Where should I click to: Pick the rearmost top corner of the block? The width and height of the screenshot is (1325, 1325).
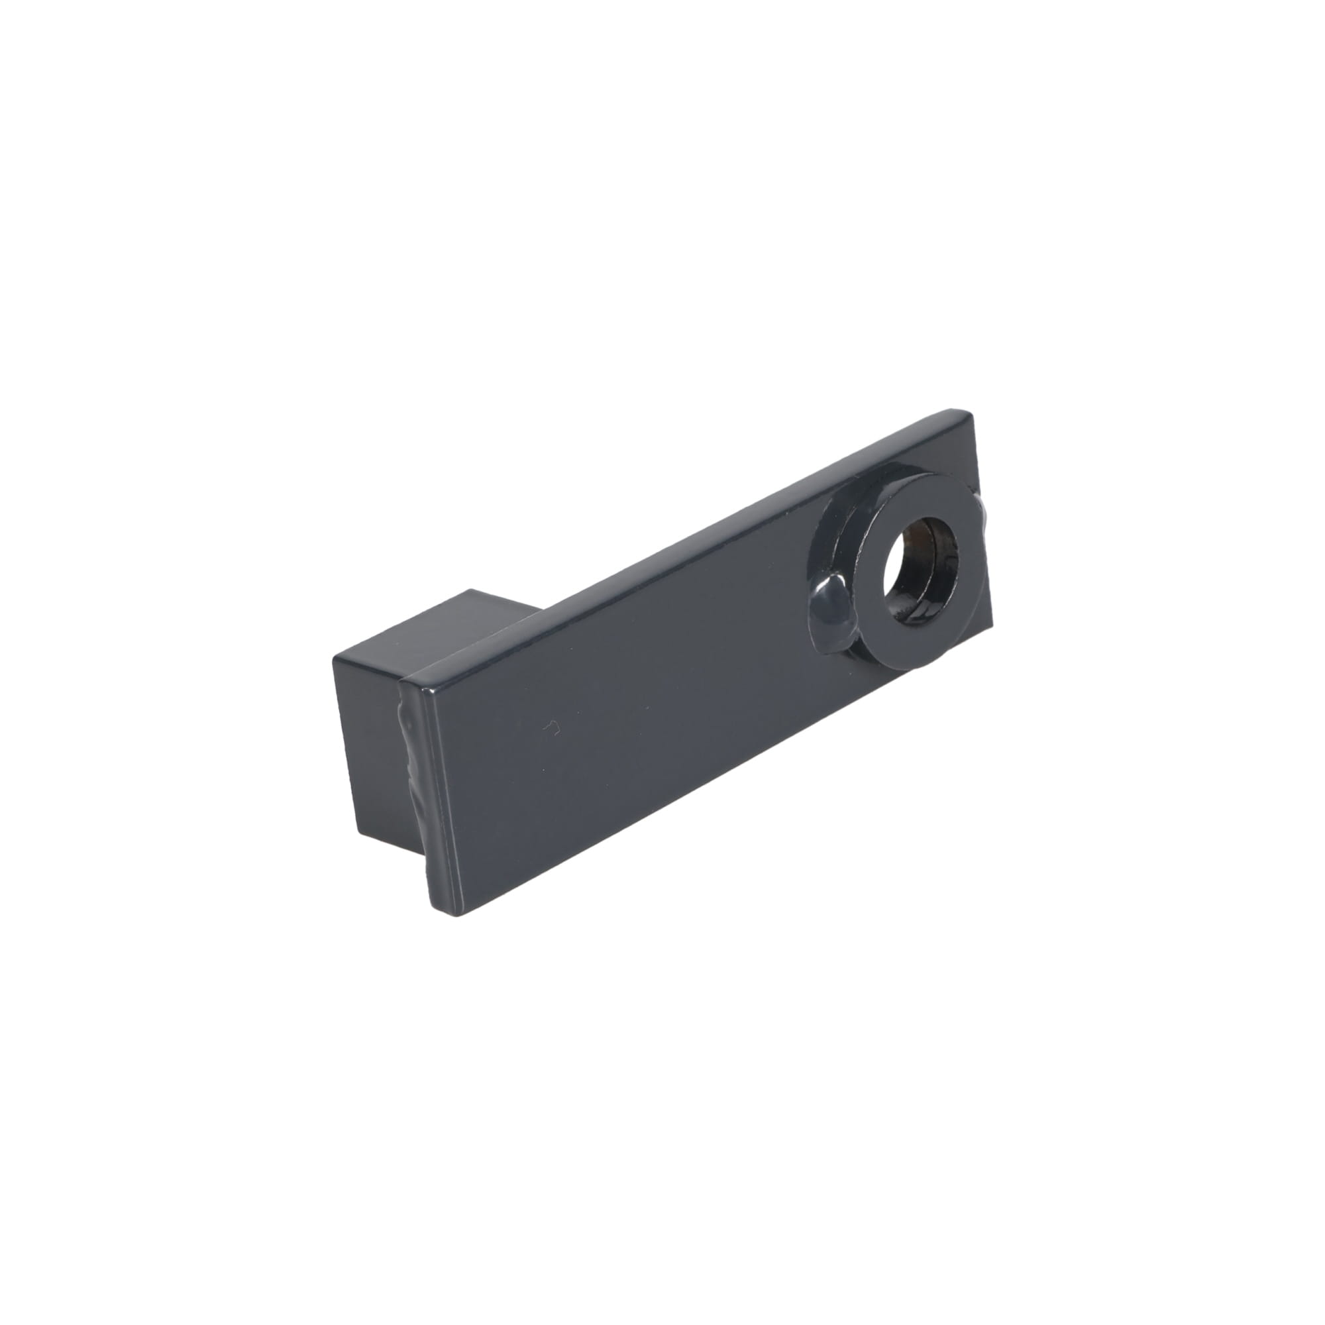[470, 590]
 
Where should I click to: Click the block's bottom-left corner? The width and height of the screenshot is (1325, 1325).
[356, 845]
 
